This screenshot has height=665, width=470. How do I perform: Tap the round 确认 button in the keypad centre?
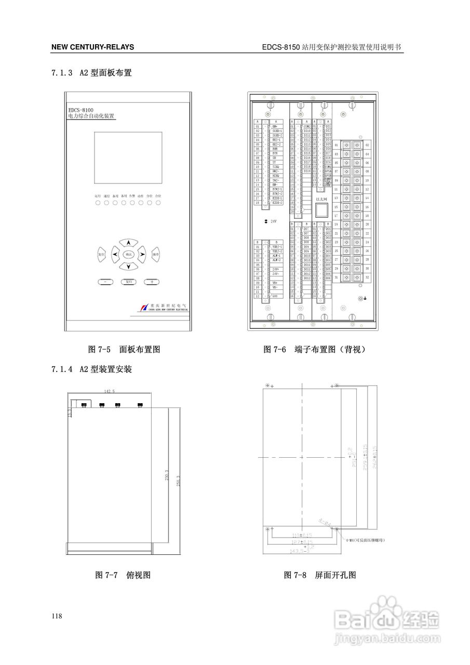point(128,254)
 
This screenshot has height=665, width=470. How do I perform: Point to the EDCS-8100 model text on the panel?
point(80,110)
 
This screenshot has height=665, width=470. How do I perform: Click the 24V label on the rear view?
point(273,221)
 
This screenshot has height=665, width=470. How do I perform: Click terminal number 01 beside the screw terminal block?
point(336,145)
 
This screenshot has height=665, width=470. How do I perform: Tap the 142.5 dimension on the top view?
point(109,391)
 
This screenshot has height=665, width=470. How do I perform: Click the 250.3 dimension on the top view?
point(179,481)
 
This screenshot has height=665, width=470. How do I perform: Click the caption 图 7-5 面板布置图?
point(124,350)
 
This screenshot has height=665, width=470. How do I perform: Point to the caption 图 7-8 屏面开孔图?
point(320,575)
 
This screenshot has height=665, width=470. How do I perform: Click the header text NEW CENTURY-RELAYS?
point(92,47)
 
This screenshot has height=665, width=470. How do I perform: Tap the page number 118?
point(57,616)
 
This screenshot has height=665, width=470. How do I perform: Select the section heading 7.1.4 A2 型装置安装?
point(91,370)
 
